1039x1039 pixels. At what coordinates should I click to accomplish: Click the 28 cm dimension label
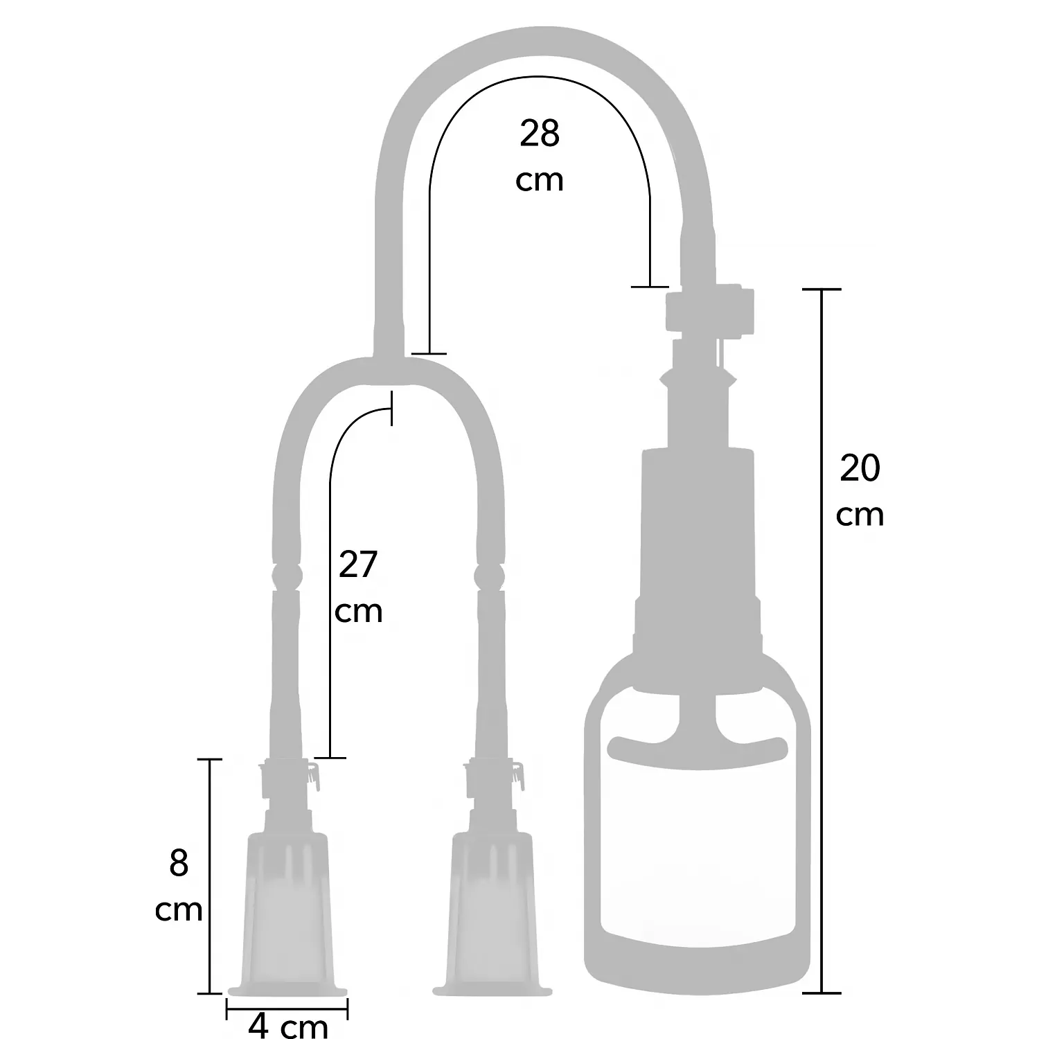(540, 157)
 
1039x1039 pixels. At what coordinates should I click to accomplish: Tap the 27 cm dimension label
(358, 587)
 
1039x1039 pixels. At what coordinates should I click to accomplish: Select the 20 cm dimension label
(860, 491)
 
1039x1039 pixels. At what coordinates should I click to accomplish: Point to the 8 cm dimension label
(179, 887)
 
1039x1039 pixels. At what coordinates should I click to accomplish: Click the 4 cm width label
(287, 1025)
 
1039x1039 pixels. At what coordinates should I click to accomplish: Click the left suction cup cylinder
(287, 914)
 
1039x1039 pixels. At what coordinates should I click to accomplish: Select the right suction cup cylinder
(492, 914)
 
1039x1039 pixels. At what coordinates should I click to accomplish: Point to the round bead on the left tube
(286, 575)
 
